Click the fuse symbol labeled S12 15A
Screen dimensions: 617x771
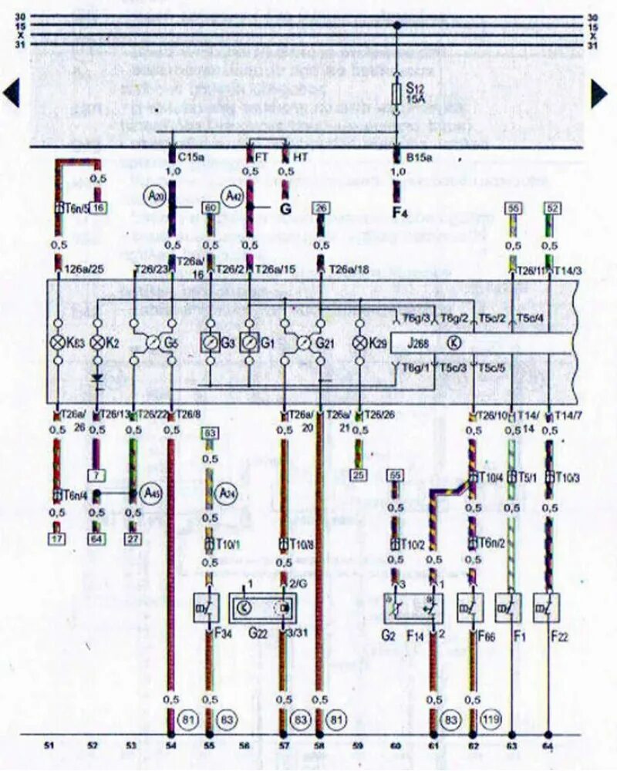[397, 96]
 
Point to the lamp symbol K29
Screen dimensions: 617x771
[359, 342]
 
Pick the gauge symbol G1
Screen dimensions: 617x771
[248, 342]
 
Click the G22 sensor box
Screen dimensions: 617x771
[263, 608]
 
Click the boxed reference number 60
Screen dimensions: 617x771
[209, 207]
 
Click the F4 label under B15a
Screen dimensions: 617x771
[400, 213]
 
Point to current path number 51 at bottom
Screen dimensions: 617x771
[49, 746]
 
